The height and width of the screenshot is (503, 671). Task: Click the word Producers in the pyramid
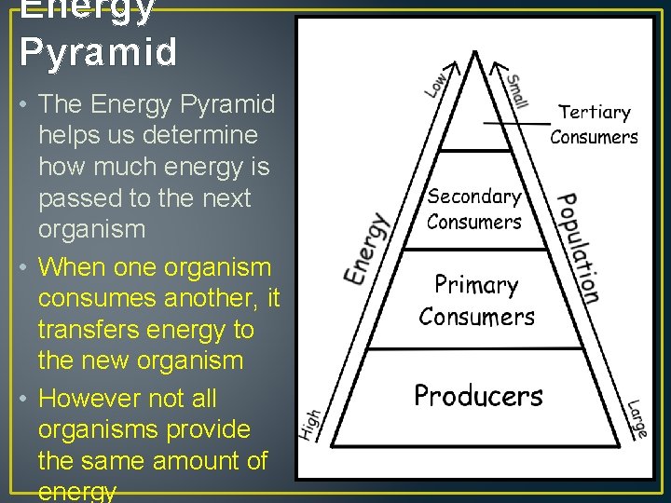(x=478, y=396)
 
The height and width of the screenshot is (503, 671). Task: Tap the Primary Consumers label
(x=476, y=300)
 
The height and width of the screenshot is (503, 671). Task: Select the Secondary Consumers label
(x=474, y=209)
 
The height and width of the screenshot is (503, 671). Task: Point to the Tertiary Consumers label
(x=594, y=124)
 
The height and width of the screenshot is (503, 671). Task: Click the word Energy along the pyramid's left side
(x=366, y=249)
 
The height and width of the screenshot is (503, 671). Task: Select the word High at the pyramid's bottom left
(x=311, y=425)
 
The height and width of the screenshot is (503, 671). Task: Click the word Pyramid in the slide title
(x=98, y=52)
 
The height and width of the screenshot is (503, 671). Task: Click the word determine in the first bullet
(x=193, y=136)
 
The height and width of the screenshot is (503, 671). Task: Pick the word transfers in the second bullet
(x=85, y=330)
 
